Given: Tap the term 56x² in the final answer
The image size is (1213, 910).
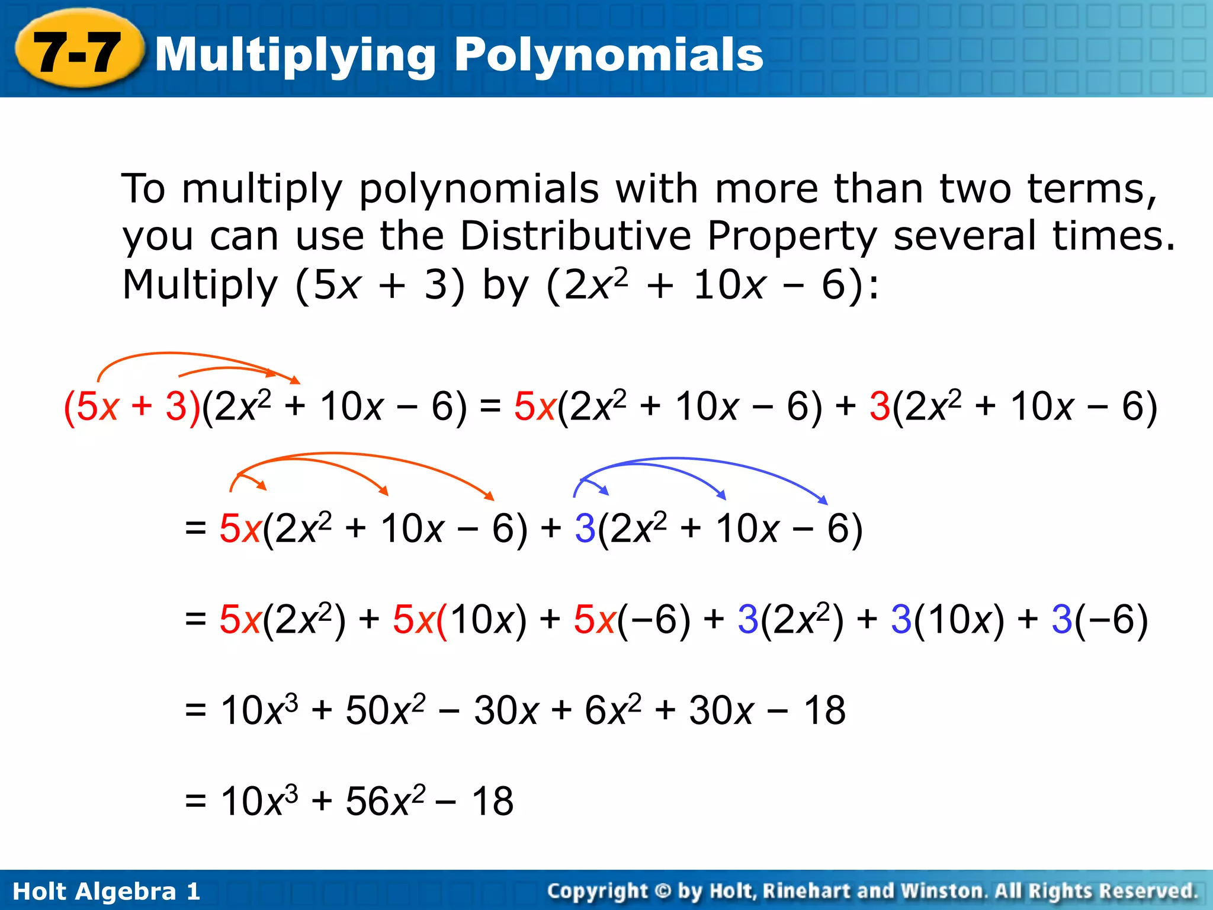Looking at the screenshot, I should pos(385,801).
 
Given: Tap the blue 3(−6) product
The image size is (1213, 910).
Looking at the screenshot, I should pos(1099,620).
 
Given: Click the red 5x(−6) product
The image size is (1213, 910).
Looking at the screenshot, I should pos(631,620).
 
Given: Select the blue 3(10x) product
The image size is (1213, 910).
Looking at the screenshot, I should pos(947,620).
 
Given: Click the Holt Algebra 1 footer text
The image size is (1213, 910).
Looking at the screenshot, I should pos(107,891).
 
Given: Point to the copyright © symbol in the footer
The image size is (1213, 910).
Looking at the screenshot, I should pos(663,890).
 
